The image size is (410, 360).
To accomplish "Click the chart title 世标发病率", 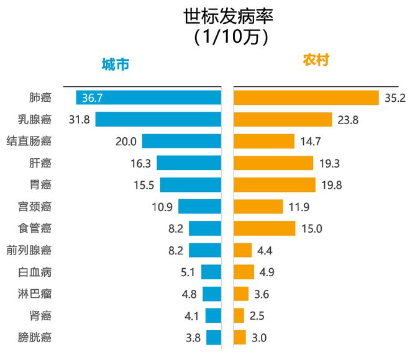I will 228,17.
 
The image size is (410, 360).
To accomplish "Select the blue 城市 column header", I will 116,64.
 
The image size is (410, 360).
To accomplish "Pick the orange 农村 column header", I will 316,60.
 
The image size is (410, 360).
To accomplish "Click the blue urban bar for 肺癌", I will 148,97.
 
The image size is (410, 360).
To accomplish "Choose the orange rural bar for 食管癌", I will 264,228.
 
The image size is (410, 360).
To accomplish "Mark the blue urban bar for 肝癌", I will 189,163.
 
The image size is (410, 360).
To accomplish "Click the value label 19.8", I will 331,185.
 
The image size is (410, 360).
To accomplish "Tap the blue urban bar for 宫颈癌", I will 199,207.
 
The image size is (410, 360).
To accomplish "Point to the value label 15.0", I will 311,228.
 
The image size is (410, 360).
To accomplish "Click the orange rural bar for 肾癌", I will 239,316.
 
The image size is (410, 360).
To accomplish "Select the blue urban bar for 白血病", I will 211,272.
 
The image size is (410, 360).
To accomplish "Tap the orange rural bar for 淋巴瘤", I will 241,294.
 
